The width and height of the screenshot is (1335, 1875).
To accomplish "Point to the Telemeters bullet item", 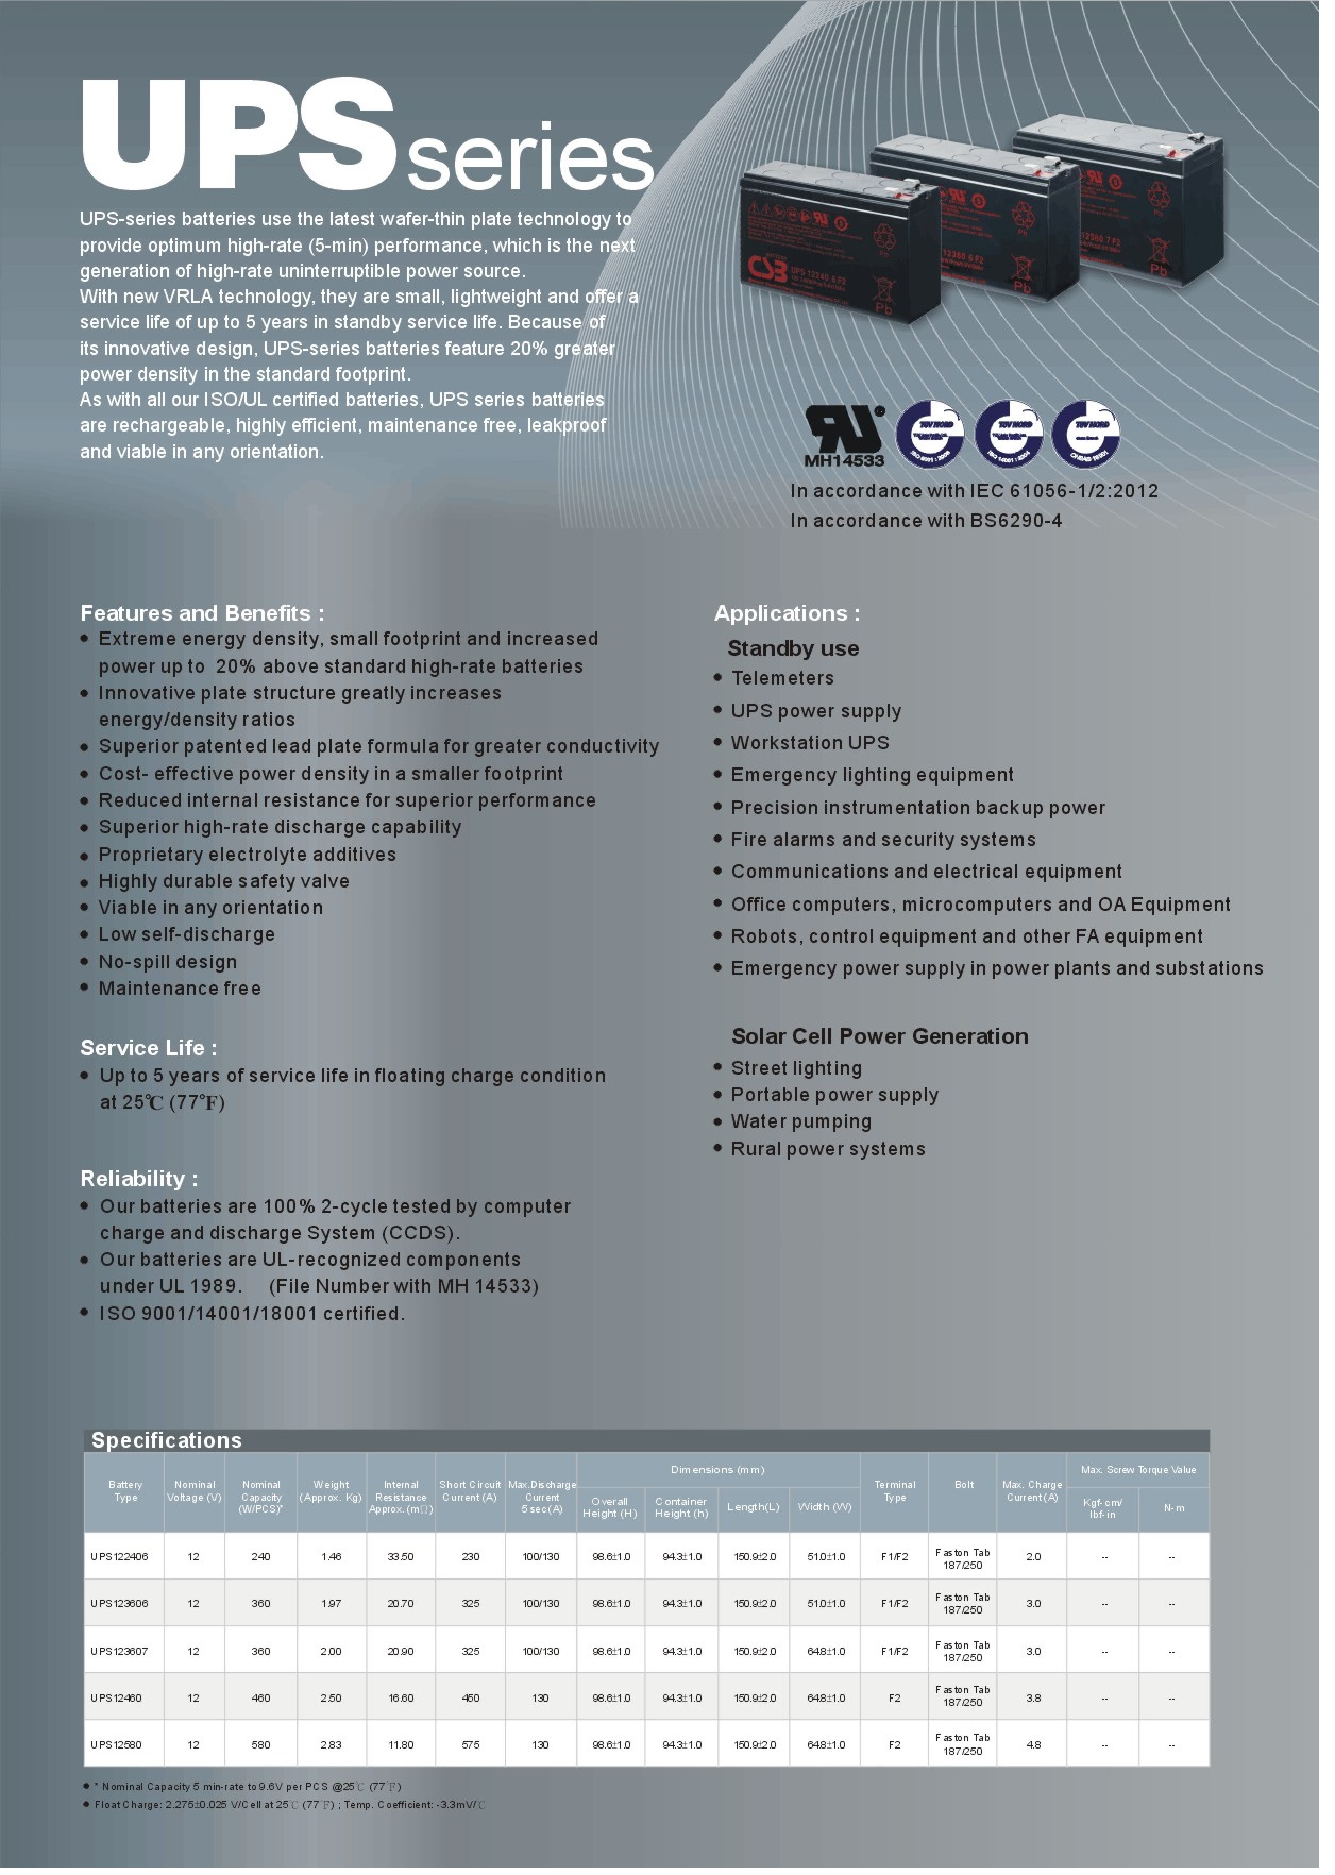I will pyautogui.click(x=791, y=686).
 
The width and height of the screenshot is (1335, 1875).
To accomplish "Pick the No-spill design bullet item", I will pyautogui.click(x=170, y=973).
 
